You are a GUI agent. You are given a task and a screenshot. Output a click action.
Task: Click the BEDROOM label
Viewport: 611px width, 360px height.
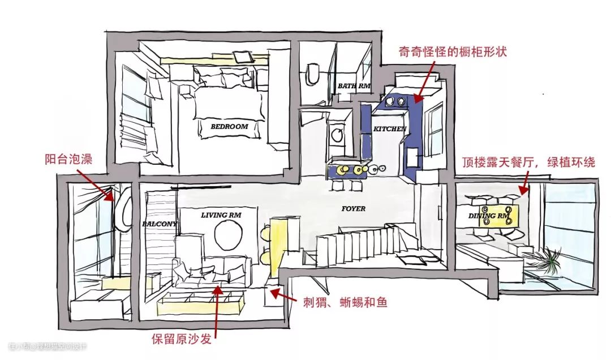coord(229,127)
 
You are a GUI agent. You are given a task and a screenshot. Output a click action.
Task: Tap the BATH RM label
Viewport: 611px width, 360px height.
coord(354,86)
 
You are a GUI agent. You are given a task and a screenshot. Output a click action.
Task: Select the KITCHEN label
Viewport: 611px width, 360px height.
coord(390,129)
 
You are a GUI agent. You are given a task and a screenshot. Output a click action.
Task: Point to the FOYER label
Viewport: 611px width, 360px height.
coord(354,209)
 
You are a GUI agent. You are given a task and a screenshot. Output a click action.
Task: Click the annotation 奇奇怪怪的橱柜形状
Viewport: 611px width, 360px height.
coord(452,52)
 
